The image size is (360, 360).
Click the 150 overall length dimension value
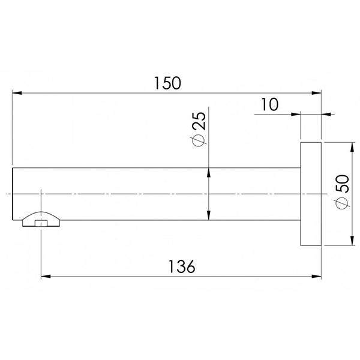167,83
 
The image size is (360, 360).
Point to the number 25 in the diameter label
199,122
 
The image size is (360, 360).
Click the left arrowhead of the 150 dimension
18,93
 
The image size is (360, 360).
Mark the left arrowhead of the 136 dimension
46,277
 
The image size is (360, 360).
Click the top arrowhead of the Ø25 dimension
208,173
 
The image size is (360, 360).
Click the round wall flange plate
311,194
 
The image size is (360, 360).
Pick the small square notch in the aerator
41,224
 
